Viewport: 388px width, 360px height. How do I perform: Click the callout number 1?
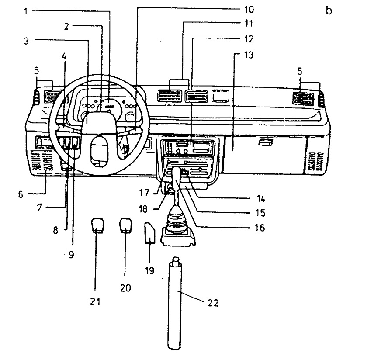[x=25, y=11]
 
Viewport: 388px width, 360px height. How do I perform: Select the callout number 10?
[x=249, y=10]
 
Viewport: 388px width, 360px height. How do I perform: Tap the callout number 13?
[x=249, y=55]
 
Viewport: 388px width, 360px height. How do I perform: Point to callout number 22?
[x=213, y=303]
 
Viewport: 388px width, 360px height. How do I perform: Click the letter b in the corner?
[x=329, y=10]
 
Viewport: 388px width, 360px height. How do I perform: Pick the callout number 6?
[x=21, y=194]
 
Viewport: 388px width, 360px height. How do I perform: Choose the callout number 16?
[x=260, y=228]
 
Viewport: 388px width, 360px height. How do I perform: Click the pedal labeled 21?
[x=97, y=225]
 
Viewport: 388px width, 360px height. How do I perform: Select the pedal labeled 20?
[x=125, y=225]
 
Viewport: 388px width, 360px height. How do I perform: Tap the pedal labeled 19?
[x=150, y=233]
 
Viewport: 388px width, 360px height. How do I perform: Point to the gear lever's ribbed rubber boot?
[x=178, y=222]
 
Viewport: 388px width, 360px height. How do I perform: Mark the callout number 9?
[x=71, y=255]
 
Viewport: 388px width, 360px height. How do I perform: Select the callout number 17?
[x=144, y=193]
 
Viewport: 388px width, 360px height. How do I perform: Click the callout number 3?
[x=26, y=41]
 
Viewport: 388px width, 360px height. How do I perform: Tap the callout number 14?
[x=261, y=199]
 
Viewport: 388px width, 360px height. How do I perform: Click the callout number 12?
[x=249, y=39]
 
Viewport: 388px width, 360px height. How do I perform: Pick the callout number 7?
[x=39, y=208]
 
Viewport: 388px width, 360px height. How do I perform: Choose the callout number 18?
[x=143, y=209]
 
